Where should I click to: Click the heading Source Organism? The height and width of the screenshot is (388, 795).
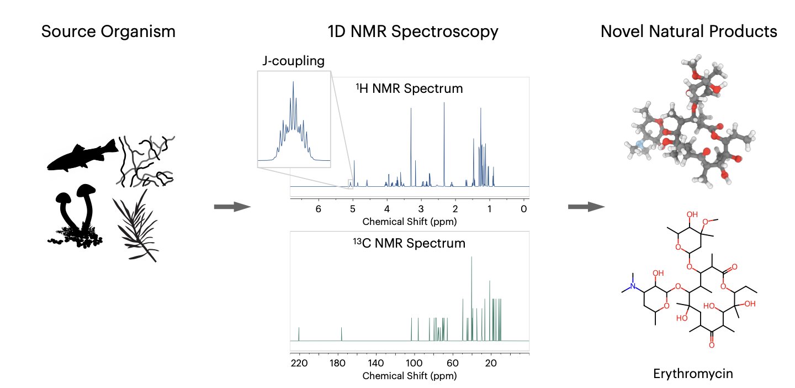(x=109, y=32)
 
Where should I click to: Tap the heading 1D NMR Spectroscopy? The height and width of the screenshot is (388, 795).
(x=412, y=32)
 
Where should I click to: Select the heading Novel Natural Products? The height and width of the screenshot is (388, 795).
(x=688, y=32)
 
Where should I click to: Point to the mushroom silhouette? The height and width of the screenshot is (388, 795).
(x=77, y=216)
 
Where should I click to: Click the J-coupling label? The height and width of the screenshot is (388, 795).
(x=293, y=61)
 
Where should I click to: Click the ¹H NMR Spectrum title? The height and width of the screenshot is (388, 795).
(x=409, y=88)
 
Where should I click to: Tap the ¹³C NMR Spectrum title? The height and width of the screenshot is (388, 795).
(x=409, y=243)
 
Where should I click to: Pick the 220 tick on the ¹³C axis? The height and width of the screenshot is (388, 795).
(x=299, y=363)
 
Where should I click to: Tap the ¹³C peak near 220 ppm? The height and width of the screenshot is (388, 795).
(x=299, y=334)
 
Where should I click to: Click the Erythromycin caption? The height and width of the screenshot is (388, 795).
(x=693, y=374)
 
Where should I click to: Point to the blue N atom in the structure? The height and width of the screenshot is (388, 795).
(x=633, y=286)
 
